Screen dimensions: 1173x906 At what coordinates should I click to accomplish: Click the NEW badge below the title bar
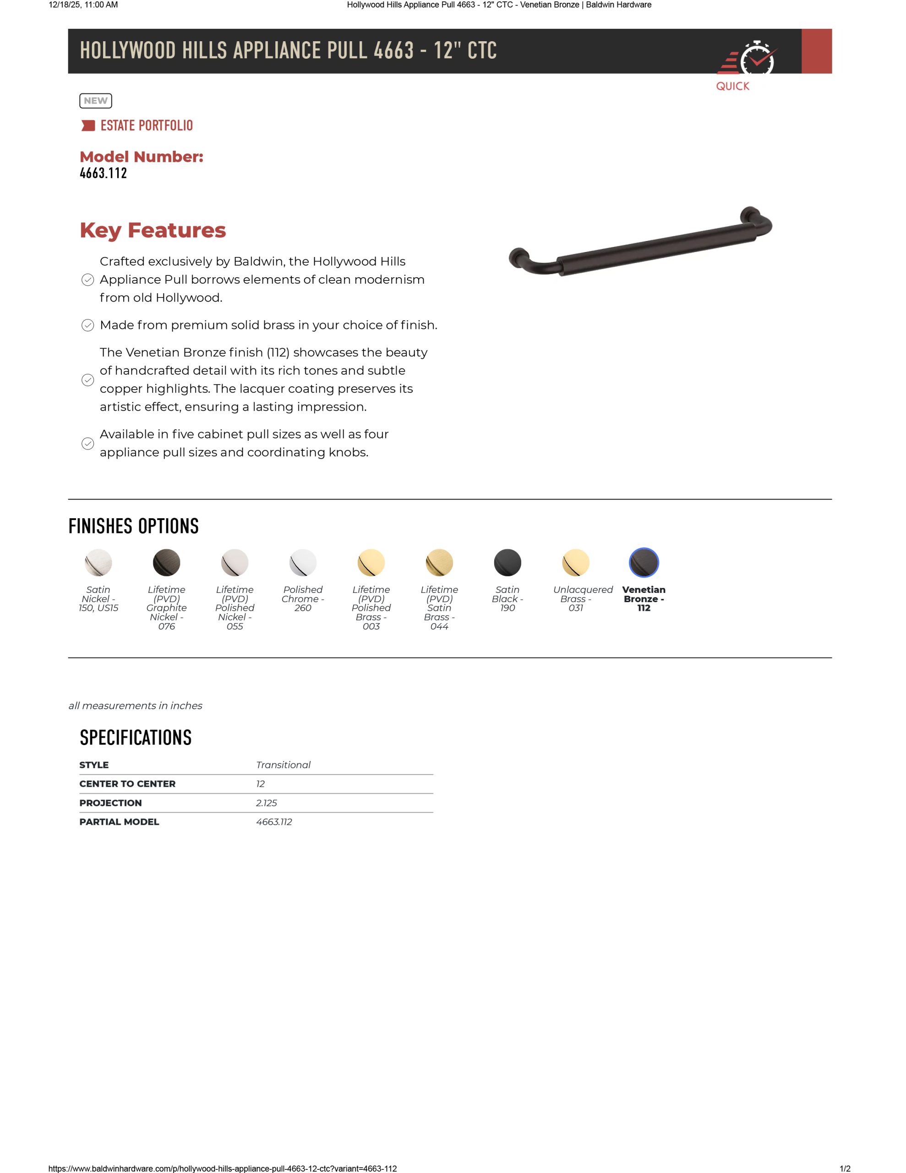(96, 100)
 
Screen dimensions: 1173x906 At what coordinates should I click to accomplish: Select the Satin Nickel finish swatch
(98, 562)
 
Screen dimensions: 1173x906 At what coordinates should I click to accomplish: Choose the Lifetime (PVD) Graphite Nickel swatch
(166, 562)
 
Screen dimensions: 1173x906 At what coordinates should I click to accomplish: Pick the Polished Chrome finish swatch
(303, 562)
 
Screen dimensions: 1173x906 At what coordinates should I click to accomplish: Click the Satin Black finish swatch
(508, 562)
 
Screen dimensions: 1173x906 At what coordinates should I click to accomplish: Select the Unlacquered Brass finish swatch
(576, 562)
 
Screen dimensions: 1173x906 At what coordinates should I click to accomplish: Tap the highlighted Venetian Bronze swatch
(644, 562)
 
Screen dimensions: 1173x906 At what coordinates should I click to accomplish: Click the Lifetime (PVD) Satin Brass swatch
(439, 562)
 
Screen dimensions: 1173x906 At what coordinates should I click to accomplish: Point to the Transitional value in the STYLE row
(283, 765)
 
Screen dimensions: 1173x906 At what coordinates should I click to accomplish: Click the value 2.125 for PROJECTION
(267, 803)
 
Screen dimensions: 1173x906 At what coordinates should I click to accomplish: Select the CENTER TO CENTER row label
(127, 784)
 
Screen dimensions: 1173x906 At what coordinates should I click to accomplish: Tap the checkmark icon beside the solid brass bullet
(87, 325)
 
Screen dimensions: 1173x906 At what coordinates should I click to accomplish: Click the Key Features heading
(153, 230)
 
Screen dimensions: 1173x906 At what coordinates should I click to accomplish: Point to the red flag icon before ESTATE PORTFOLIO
(87, 126)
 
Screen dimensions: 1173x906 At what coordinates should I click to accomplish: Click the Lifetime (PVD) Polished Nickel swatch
(235, 562)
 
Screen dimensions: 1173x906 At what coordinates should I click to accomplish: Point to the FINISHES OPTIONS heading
(134, 526)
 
